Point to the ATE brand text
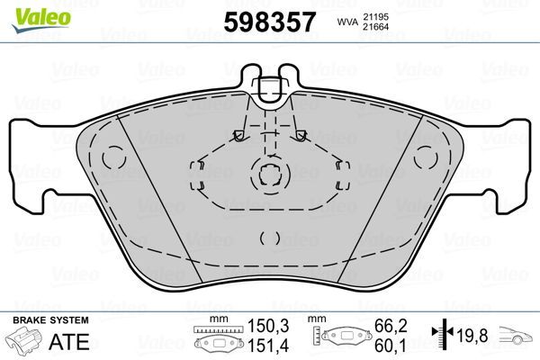(x=73, y=342)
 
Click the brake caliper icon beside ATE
(x=25, y=342)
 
